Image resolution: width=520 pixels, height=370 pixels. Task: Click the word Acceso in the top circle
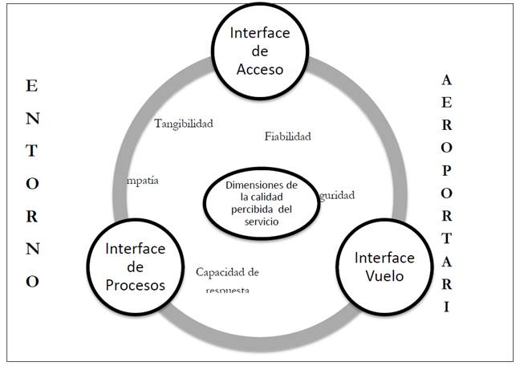tap(260, 69)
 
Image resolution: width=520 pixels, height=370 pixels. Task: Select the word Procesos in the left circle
tap(135, 285)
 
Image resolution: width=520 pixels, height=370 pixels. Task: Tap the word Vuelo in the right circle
tap(384, 275)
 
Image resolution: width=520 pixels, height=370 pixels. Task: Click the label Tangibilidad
tap(184, 124)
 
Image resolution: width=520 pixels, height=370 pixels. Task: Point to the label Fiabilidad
tap(287, 136)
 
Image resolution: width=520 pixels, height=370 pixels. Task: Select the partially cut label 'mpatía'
tap(142, 180)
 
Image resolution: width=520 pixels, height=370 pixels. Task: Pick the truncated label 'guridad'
tap(336, 195)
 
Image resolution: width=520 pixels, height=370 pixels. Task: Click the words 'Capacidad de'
tap(227, 271)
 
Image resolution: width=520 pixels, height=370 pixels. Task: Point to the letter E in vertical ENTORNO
tap(31, 84)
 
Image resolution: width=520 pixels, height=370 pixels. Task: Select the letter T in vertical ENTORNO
tap(31, 149)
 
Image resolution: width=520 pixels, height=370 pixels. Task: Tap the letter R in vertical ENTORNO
tap(31, 215)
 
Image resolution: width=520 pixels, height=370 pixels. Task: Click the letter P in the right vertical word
tap(447, 173)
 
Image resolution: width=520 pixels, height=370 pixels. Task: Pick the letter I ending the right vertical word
tap(447, 307)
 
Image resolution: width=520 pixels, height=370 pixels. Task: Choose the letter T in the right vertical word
tap(447, 239)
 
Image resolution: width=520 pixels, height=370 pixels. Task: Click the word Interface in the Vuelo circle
tap(384, 258)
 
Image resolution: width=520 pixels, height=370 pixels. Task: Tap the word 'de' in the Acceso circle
tap(260, 51)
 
